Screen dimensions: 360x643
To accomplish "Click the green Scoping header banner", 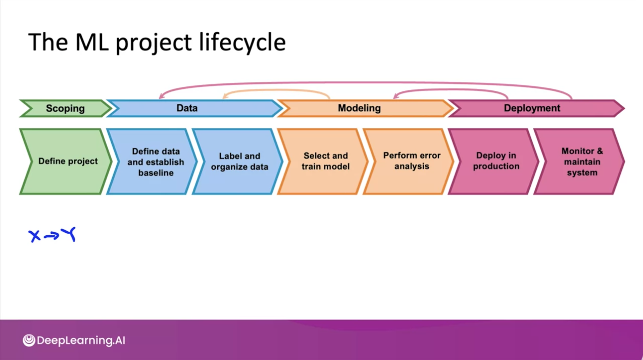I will [x=65, y=109].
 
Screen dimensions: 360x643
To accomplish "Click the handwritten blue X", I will [x=34, y=236].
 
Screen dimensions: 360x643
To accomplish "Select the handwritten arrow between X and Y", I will [x=51, y=236].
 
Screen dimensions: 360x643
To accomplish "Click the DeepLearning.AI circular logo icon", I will [x=29, y=340].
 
